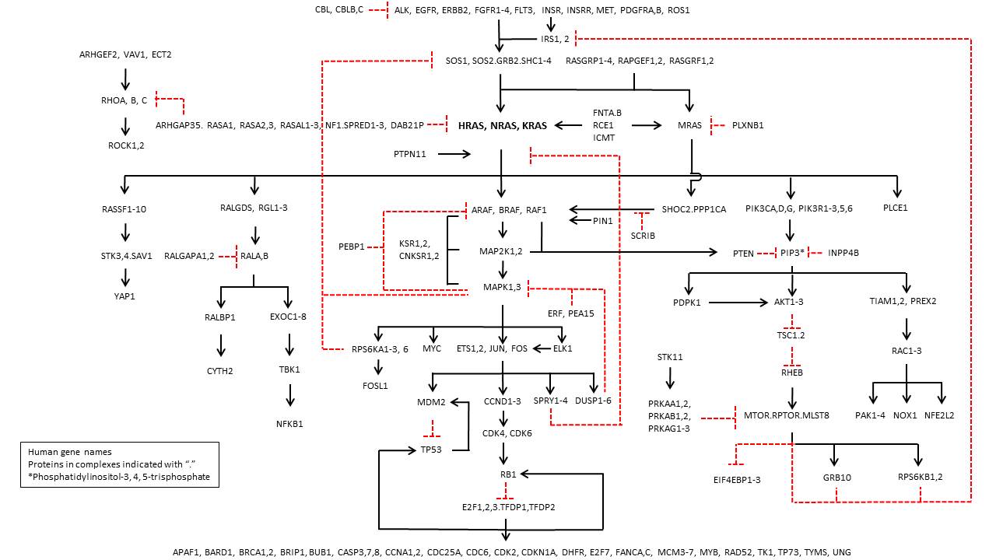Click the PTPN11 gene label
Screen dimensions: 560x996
point(410,155)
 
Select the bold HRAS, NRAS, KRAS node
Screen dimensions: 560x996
point(502,125)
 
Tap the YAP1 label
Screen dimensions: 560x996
point(124,296)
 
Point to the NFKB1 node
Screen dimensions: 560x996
point(289,424)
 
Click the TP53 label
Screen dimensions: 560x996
point(431,450)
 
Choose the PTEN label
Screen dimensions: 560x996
point(744,253)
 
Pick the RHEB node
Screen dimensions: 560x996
point(791,373)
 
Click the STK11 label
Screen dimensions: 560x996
point(669,357)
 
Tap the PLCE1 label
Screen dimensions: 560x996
point(896,208)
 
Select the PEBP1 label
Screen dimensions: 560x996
point(352,247)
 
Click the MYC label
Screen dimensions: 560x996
point(432,348)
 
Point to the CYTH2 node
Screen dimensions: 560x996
point(220,371)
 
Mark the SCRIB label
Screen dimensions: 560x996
point(643,236)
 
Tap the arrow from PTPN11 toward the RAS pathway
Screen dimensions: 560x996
point(454,155)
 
